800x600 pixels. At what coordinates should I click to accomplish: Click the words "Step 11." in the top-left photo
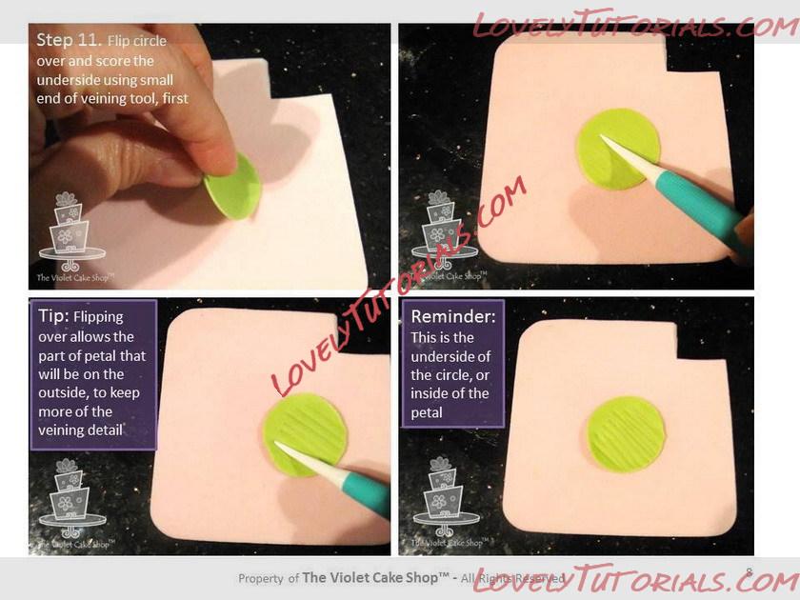pos(69,40)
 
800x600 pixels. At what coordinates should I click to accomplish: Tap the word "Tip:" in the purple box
pos(53,315)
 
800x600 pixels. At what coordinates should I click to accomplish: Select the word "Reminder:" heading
pos(453,316)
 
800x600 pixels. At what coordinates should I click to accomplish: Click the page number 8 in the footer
pos(749,572)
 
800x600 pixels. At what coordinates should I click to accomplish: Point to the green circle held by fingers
pos(233,188)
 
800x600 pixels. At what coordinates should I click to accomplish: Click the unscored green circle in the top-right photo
pos(617,149)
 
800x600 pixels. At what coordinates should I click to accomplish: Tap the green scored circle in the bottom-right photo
pos(626,433)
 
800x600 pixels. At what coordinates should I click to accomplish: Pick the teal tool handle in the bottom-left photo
pos(366,493)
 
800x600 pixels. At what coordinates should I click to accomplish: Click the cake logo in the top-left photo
pos(72,231)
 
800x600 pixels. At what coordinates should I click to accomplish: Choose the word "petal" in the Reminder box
pos(427,412)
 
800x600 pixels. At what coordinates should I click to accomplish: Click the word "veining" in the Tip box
pos(60,430)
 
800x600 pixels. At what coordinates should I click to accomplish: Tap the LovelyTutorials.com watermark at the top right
pos(636,24)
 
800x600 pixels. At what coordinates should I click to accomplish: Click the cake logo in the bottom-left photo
pos(72,498)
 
